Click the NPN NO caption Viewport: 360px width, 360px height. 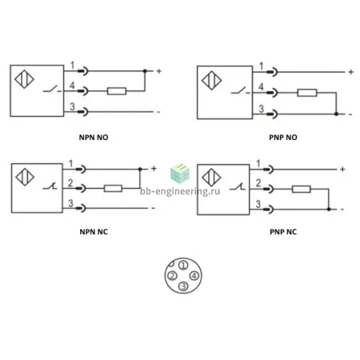tap(94, 138)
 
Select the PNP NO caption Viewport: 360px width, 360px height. tap(283, 138)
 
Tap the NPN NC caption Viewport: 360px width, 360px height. tap(94, 232)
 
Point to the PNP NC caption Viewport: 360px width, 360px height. tap(283, 232)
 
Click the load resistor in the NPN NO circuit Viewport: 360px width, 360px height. tap(117, 91)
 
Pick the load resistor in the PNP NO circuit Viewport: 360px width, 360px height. tap(307, 93)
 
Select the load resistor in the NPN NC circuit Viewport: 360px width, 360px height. tap(113, 188)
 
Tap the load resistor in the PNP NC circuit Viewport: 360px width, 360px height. tap(302, 189)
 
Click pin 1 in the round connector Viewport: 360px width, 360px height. tap(183, 265)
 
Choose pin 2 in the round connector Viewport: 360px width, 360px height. tap(172, 276)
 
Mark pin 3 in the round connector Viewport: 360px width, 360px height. tap(183, 286)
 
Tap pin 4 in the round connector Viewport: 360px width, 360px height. tap(194, 275)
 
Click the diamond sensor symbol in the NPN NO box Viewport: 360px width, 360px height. tap(24, 79)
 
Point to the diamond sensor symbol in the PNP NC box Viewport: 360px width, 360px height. tap(211, 178)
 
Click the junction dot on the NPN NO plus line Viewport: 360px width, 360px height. tap(145, 71)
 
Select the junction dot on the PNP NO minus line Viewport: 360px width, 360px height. tap(336, 114)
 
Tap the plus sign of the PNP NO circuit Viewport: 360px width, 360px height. tap(351, 72)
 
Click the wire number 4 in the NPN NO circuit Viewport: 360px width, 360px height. tap(72, 86)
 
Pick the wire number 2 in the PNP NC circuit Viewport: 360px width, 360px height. tap(258, 183)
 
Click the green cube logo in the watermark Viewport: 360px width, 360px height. tap(180, 173)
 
